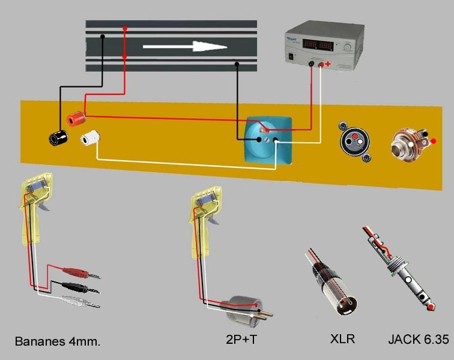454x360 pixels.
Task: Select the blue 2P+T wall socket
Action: pos(268,141)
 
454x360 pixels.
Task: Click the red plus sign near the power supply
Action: pos(328,64)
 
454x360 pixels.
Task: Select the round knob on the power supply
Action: pos(348,47)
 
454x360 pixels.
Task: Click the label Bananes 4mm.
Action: pos(57,342)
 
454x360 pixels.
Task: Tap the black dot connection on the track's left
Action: pos(103,36)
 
